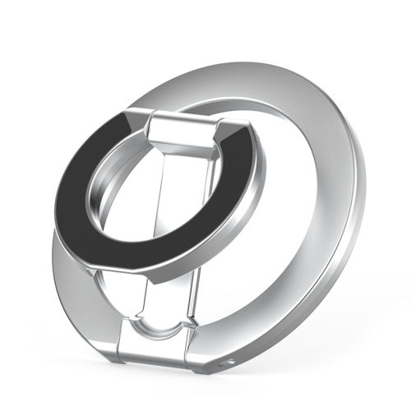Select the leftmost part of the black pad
click(62, 197)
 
